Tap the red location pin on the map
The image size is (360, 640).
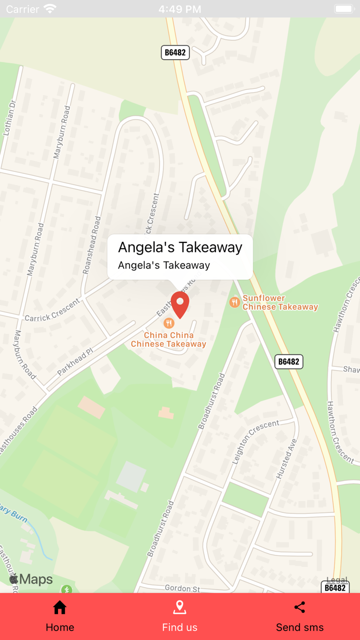pyautogui.click(x=180, y=303)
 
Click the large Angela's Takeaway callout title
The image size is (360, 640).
pyautogui.click(x=180, y=247)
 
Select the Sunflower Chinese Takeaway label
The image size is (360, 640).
pyautogui.click(x=280, y=303)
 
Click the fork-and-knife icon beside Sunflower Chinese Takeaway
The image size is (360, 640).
pyautogui.click(x=235, y=302)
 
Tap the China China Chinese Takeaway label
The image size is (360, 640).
pyautogui.click(x=168, y=340)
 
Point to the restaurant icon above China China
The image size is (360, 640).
pyautogui.click(x=168, y=323)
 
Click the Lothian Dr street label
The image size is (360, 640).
pyautogui.click(x=9, y=118)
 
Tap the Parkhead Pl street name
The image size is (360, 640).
pyautogui.click(x=75, y=362)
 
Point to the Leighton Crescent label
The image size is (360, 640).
pyautogui.click(x=256, y=441)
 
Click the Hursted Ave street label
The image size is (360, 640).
pyautogui.click(x=286, y=459)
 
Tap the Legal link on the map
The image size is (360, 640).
pyautogui.click(x=337, y=580)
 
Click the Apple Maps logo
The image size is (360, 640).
pyautogui.click(x=31, y=579)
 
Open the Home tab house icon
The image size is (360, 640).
pyautogui.click(x=60, y=608)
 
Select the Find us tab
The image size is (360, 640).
pyautogui.click(x=179, y=616)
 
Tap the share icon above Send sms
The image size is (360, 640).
pyautogui.click(x=300, y=607)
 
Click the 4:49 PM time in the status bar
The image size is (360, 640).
pyautogui.click(x=179, y=9)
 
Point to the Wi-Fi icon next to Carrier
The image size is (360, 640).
pyautogui.click(x=50, y=9)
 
